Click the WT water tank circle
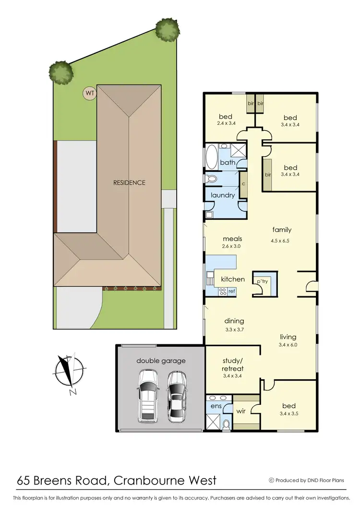coord(89,93)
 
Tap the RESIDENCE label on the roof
coord(129,182)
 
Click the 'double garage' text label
coord(161,361)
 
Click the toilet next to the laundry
coord(210,179)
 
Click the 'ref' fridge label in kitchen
coord(231,291)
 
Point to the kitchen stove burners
coord(223,291)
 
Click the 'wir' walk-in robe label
coord(241,411)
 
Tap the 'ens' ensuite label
coord(216,406)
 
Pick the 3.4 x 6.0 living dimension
coord(288,345)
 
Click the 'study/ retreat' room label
coord(233,364)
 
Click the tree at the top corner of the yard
coord(167,31)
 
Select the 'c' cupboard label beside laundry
coord(243,183)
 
